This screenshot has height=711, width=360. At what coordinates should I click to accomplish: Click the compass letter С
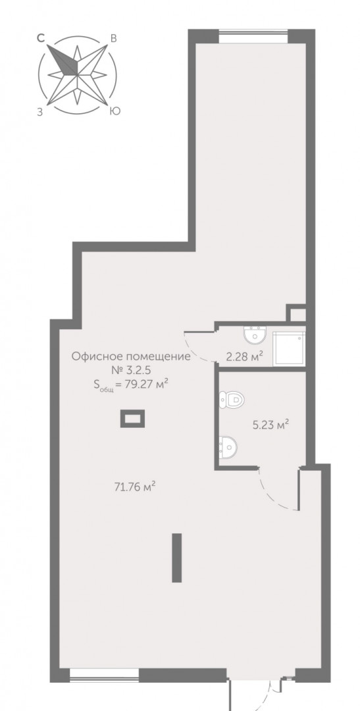pos(41,39)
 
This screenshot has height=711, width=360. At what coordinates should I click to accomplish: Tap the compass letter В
pos(114,39)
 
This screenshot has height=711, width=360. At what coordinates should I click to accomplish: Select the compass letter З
pos(40,113)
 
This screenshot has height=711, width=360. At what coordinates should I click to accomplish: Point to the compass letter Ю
pos(115,111)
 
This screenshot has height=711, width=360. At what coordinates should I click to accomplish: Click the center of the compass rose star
pos(78,74)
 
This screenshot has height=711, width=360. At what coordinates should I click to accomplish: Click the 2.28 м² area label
pos(245,356)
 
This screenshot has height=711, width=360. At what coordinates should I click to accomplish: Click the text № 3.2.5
pos(131,370)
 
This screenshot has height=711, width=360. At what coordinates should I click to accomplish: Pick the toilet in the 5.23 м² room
pos(231,400)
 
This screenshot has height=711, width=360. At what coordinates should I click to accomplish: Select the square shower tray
pos(290,348)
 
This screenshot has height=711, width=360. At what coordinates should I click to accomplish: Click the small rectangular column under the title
pos(132,419)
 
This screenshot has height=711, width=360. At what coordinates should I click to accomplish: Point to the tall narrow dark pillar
pos(177,558)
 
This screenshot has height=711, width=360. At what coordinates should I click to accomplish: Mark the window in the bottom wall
pos(104,675)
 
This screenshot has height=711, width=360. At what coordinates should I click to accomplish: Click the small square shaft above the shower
pos(298,314)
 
